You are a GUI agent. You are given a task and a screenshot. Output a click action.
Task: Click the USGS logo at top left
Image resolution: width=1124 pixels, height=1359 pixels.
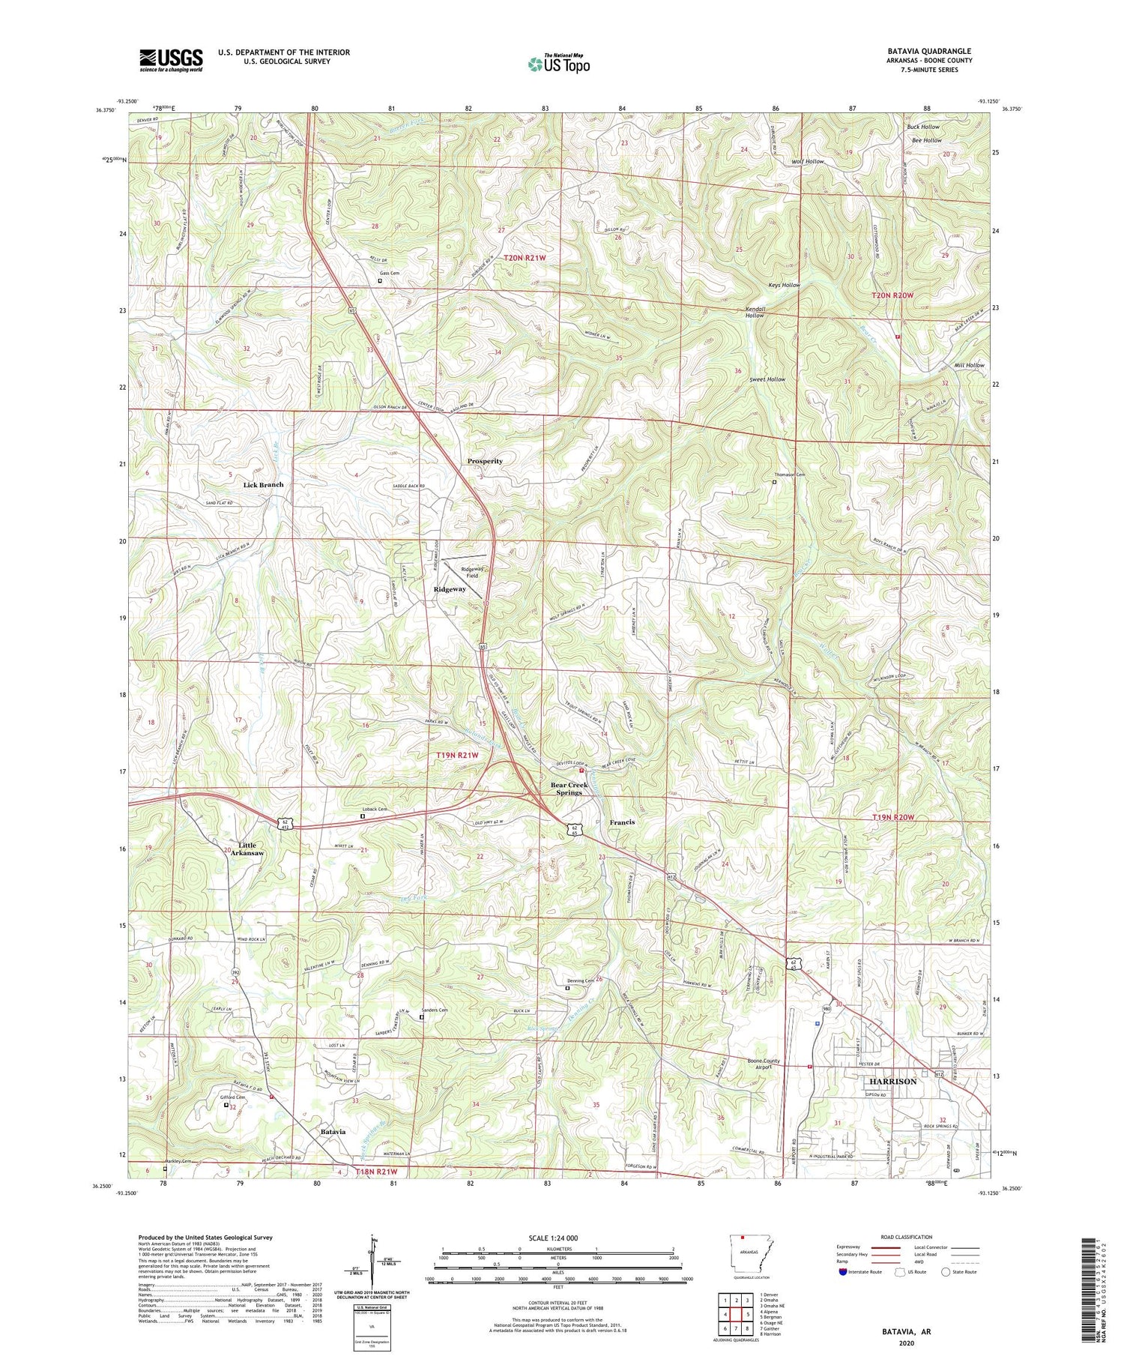pyautogui.click(x=171, y=60)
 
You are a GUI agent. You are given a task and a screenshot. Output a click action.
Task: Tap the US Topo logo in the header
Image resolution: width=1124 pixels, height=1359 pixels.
pyautogui.click(x=558, y=64)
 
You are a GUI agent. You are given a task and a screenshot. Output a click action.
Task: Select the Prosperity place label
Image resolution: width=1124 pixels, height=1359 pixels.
pyautogui.click(x=485, y=461)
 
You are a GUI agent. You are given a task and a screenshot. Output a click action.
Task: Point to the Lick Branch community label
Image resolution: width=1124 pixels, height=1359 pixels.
pyautogui.click(x=264, y=485)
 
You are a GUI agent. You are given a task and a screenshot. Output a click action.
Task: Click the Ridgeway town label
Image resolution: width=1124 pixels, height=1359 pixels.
pyautogui.click(x=450, y=589)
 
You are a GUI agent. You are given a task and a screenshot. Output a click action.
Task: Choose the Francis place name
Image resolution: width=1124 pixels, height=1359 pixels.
pyautogui.click(x=622, y=822)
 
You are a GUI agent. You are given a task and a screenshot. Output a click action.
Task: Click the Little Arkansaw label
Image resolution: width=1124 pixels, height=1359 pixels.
pyautogui.click(x=247, y=849)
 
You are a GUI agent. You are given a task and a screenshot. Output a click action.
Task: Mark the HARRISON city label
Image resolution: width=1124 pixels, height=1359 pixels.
pyautogui.click(x=892, y=1082)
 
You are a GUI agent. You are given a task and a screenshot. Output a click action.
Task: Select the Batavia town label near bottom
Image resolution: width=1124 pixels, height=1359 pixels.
pyautogui.click(x=333, y=1131)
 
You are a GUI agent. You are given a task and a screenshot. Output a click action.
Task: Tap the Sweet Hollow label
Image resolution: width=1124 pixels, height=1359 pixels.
pyautogui.click(x=767, y=379)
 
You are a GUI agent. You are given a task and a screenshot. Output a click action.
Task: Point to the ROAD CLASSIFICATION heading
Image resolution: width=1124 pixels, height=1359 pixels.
pyautogui.click(x=907, y=1237)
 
